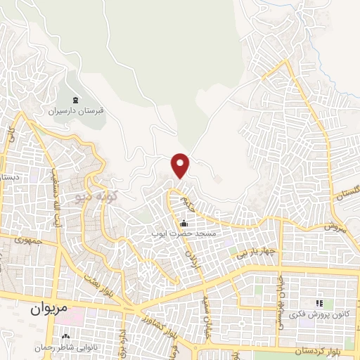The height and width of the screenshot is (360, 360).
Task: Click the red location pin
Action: coord(181,165)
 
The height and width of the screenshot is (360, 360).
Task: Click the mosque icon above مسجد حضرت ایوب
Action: coord(185,223)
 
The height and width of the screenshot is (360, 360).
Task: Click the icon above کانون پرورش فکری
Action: coord(318,303)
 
